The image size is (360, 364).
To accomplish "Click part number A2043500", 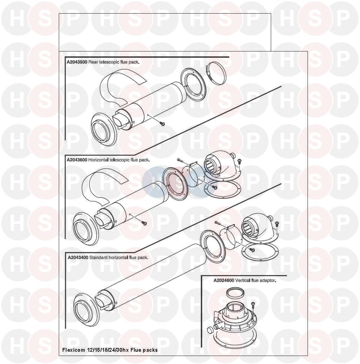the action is [77, 62].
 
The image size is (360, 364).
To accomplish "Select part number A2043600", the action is [77, 160].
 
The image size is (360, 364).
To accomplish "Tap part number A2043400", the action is [78, 258].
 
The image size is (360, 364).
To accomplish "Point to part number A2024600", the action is [224, 280].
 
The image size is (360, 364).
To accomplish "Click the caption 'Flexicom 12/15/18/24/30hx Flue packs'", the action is [110, 350].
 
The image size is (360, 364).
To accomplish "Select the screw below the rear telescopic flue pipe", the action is [162, 124].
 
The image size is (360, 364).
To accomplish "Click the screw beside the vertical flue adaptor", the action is [253, 305].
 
